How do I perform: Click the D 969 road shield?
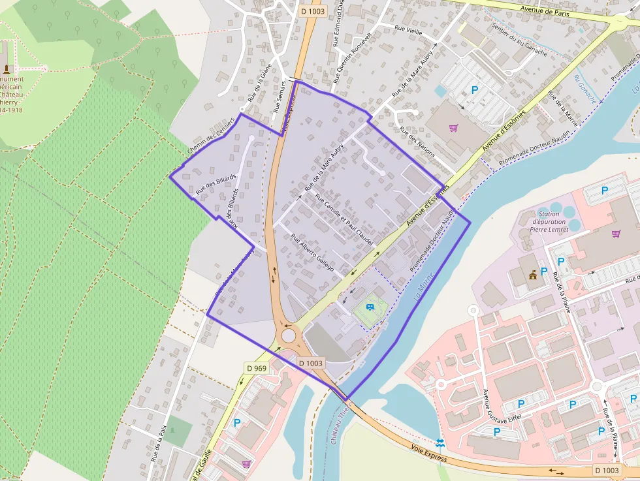pyautogui.click(x=257, y=369)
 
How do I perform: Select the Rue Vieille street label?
pyautogui.click(x=409, y=29)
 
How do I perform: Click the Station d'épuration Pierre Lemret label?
pyautogui.click(x=549, y=221)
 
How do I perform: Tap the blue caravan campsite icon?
pyautogui.click(x=370, y=305)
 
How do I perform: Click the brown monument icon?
pyautogui.click(x=7, y=68)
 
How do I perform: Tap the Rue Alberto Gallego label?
pyautogui.click(x=312, y=253)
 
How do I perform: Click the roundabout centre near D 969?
pyautogui.click(x=288, y=335)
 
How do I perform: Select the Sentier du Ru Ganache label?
pyautogui.click(x=520, y=40)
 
